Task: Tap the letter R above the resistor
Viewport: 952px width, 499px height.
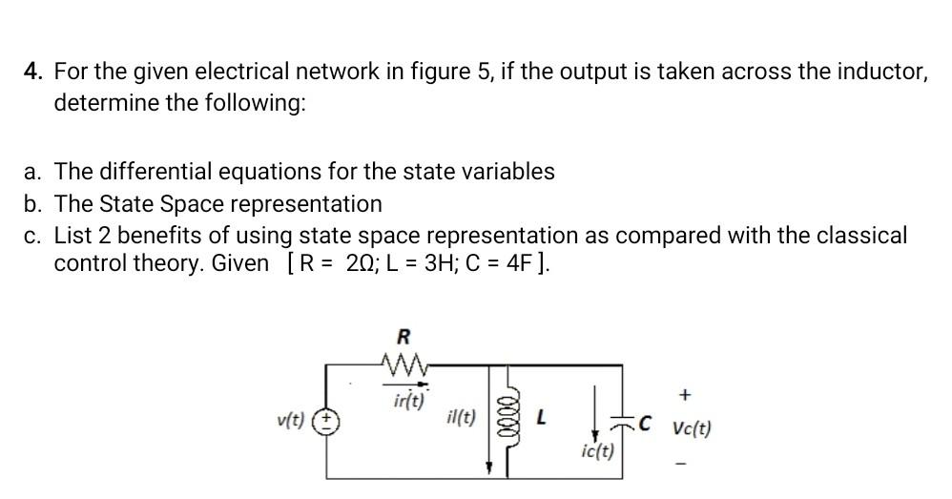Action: pyautogui.click(x=403, y=336)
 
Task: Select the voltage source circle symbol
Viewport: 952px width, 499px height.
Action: pyautogui.click(x=328, y=420)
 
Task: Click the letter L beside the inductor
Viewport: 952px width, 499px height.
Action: pyautogui.click(x=541, y=417)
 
